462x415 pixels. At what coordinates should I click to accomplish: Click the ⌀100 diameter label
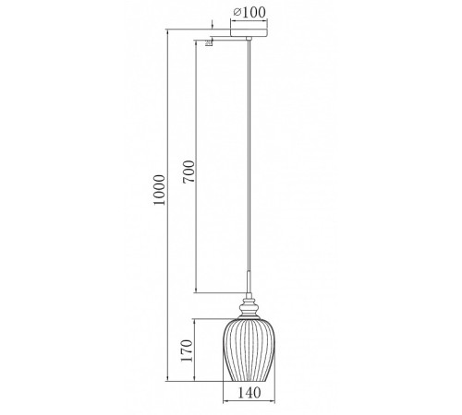click(x=249, y=12)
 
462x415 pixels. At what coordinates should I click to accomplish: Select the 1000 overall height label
click(x=160, y=190)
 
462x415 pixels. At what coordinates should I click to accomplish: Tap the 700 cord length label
click(x=188, y=172)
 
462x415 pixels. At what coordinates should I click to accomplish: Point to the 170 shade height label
click(x=187, y=350)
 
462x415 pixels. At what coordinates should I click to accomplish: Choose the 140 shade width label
click(x=249, y=393)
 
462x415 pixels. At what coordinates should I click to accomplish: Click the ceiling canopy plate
click(x=249, y=32)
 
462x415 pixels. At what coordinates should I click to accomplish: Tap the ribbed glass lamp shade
click(x=249, y=350)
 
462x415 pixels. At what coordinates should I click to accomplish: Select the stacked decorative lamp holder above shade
click(x=249, y=307)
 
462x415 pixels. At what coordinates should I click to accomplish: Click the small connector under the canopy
click(x=249, y=39)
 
